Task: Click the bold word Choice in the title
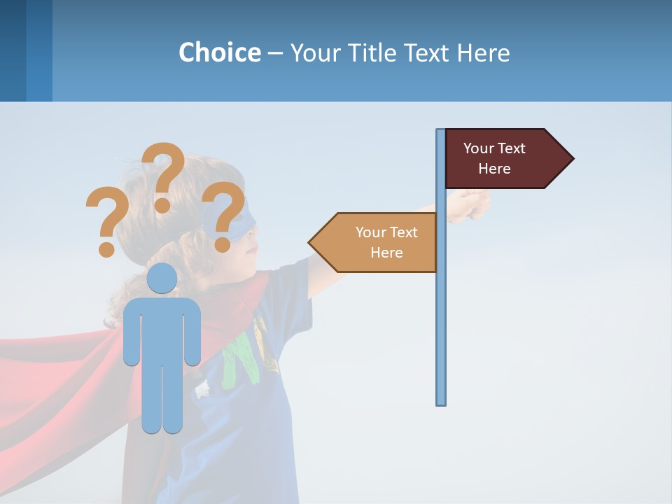tap(219, 52)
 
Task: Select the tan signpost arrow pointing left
tap(375, 243)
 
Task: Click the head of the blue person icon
tap(162, 279)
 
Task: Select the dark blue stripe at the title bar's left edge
tap(13, 50)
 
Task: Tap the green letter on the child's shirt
tap(241, 357)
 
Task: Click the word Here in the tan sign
tap(386, 253)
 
